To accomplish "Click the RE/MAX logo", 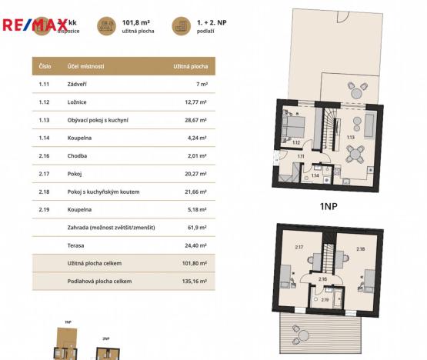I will point(35,25).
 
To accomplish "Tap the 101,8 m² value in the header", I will point(136,23).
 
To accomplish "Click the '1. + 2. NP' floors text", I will point(211,23).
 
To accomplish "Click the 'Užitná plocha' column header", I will point(189,67).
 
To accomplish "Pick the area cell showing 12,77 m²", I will point(196,102).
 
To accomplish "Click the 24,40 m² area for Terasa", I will point(197,245).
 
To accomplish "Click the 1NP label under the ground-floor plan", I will point(329,206).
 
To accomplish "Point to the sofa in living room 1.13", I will point(369,123).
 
